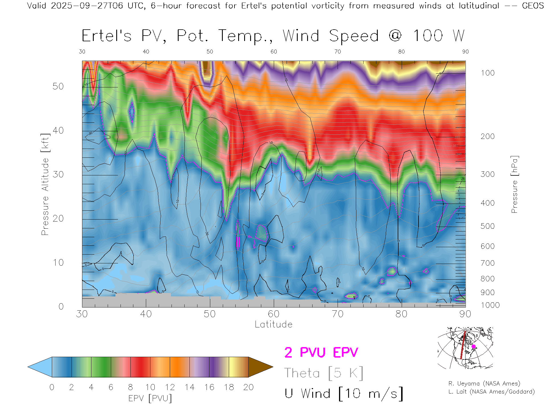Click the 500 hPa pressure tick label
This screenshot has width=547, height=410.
[x=487, y=226]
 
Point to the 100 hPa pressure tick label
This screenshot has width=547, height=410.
[x=487, y=73]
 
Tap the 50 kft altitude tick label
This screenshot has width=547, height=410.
[x=58, y=87]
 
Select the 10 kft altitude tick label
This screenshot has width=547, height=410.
[x=58, y=263]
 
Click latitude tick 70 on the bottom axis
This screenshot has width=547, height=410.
[x=338, y=314]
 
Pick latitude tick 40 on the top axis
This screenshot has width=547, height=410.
[x=146, y=52]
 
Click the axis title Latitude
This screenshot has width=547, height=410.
[x=273, y=325]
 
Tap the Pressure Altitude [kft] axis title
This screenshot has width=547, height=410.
[x=45, y=184]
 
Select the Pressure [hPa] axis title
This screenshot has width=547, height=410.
[x=515, y=184]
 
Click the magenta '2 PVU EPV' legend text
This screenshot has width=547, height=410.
[x=321, y=352]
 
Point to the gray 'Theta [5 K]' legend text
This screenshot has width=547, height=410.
[x=324, y=373]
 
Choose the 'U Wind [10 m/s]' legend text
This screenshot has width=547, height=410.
[x=344, y=394]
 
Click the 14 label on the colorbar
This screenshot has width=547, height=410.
[x=189, y=388]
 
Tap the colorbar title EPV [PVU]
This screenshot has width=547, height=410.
[x=150, y=398]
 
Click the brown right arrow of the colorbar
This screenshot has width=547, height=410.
[x=260, y=367]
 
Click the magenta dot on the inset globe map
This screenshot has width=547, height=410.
[x=473, y=347]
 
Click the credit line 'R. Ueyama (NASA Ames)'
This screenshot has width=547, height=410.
[x=484, y=384]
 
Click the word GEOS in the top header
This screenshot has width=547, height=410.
[x=533, y=6]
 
